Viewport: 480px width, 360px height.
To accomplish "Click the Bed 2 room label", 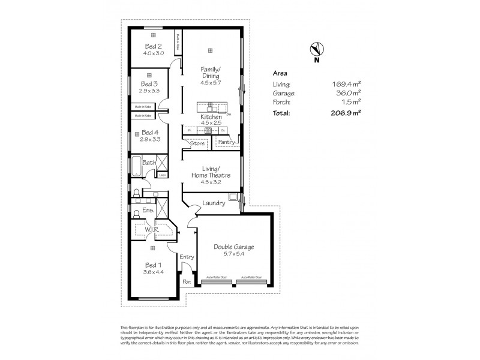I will click(x=153, y=46).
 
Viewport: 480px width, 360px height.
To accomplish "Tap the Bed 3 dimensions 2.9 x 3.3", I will click(x=149, y=91).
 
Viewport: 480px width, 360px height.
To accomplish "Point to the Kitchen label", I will click(x=211, y=117).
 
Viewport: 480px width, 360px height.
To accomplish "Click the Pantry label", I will click(x=226, y=142).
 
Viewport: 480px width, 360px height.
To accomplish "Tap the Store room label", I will click(x=197, y=143).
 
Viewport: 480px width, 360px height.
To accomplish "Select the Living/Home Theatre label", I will click(x=210, y=171).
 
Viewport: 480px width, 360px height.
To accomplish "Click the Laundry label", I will click(x=214, y=203).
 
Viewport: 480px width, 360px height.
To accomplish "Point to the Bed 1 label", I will click(x=152, y=265).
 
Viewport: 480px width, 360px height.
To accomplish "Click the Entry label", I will click(x=187, y=257).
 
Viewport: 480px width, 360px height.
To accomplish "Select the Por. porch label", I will click(x=187, y=280).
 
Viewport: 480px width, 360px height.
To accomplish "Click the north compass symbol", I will click(x=316, y=49).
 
